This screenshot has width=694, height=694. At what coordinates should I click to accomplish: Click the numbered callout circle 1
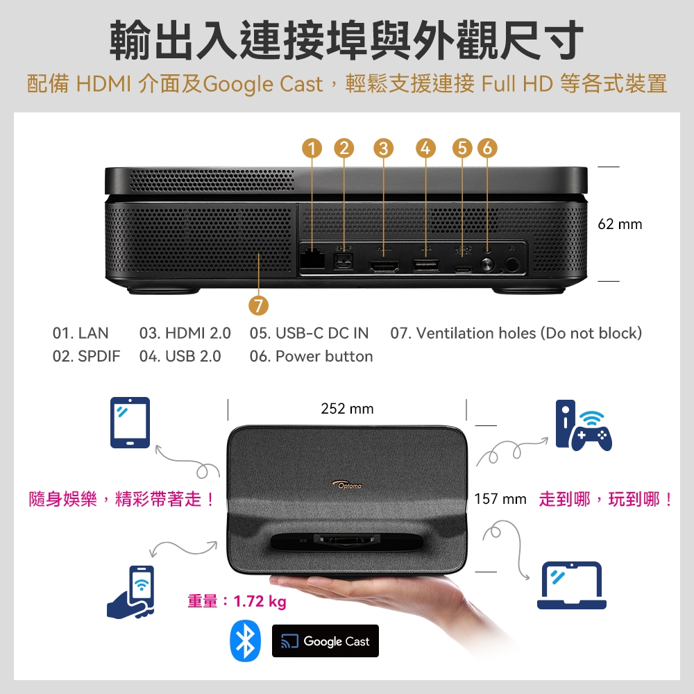pyautogui.click(x=312, y=148)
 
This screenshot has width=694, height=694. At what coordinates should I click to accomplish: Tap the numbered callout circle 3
pyautogui.click(x=382, y=148)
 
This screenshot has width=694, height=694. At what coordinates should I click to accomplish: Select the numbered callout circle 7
pyautogui.click(x=259, y=306)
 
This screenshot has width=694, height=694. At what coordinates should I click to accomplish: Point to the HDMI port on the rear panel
pyautogui.click(x=382, y=265)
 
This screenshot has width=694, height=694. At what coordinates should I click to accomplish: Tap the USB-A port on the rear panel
pyautogui.click(x=425, y=264)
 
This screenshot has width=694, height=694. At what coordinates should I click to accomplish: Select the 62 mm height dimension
pyautogui.click(x=620, y=224)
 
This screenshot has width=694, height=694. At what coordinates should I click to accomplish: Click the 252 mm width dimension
pyautogui.click(x=347, y=409)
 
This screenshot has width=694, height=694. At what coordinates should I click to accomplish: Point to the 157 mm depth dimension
pyautogui.click(x=500, y=499)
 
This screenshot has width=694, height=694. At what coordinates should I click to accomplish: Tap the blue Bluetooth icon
pyautogui.click(x=245, y=641)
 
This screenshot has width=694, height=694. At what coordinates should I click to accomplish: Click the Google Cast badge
pyautogui.click(x=325, y=641)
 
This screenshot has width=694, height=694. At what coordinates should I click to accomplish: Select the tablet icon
pyautogui.click(x=130, y=423)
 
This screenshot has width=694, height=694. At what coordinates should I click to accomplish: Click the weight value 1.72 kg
pyautogui.click(x=260, y=601)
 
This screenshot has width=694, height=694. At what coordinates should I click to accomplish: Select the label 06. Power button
pyautogui.click(x=311, y=357)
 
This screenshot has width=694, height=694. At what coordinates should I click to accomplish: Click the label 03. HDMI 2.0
pyautogui.click(x=185, y=334)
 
